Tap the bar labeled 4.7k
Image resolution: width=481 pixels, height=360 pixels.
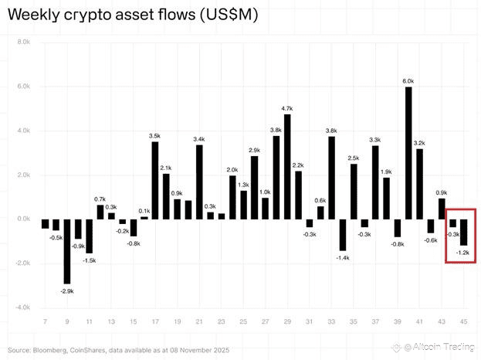pos(287,167)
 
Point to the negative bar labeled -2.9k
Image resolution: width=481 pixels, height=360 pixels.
pos(67,251)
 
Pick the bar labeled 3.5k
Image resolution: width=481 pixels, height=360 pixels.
pos(155,180)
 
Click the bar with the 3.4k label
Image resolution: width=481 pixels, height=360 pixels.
pos(199,182)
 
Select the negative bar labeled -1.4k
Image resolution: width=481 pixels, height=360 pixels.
pos(342,235)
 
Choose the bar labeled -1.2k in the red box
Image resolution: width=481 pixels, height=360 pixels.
pos(464,233)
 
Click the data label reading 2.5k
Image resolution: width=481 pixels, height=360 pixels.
pos(354,158)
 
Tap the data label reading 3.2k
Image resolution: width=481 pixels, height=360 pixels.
pos(420,143)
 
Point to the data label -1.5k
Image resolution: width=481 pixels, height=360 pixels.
pos(90,260)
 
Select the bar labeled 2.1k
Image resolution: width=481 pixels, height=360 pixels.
pos(166,196)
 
